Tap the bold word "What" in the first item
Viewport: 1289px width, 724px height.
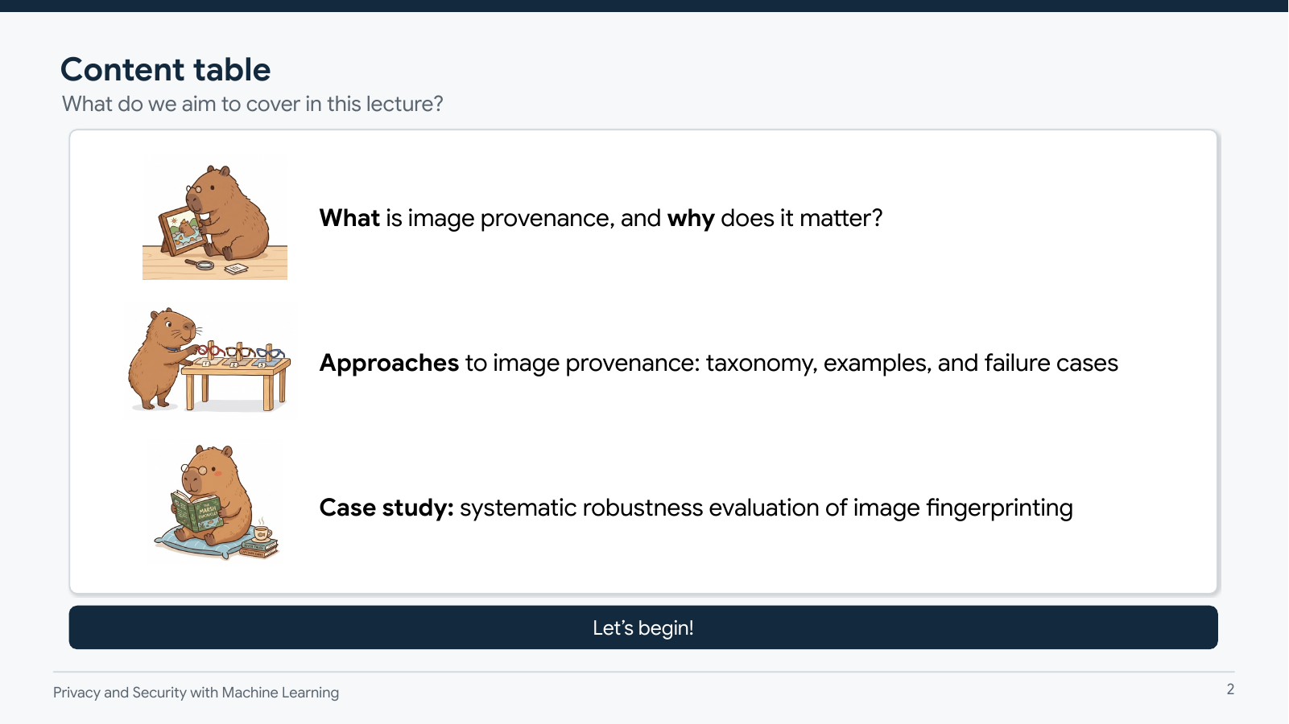coord(349,218)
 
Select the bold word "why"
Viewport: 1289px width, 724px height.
coord(691,218)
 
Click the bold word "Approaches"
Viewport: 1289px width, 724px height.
coord(389,363)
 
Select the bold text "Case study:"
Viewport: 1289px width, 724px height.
coord(386,508)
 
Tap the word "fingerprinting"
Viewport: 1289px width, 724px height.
coord(999,508)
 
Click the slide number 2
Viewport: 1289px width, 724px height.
coord(1230,689)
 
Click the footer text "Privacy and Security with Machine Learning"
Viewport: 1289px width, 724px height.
coord(196,693)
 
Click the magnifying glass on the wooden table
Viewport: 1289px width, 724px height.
coord(200,264)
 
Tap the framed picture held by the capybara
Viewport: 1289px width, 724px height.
coord(180,231)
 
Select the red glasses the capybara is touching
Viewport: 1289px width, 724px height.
coord(211,350)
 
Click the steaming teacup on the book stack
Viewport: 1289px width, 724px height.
coord(261,533)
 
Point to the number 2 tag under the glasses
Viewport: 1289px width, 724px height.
coord(233,364)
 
